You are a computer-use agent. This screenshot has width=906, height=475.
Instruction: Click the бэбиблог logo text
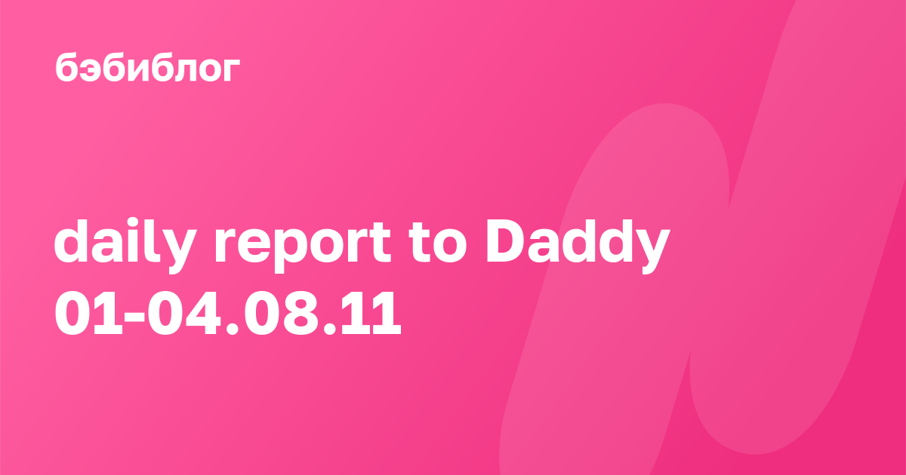tap(148, 67)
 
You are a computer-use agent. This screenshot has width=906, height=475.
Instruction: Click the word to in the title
tap(439, 245)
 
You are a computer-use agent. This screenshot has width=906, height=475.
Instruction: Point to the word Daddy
tap(578, 247)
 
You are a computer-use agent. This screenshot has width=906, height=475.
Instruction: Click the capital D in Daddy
tap(508, 242)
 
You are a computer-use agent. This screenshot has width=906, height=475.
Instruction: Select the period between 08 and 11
tap(330, 329)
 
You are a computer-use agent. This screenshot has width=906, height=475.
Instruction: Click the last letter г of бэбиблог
tap(230, 69)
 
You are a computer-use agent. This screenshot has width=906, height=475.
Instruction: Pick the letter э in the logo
tap(91, 69)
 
